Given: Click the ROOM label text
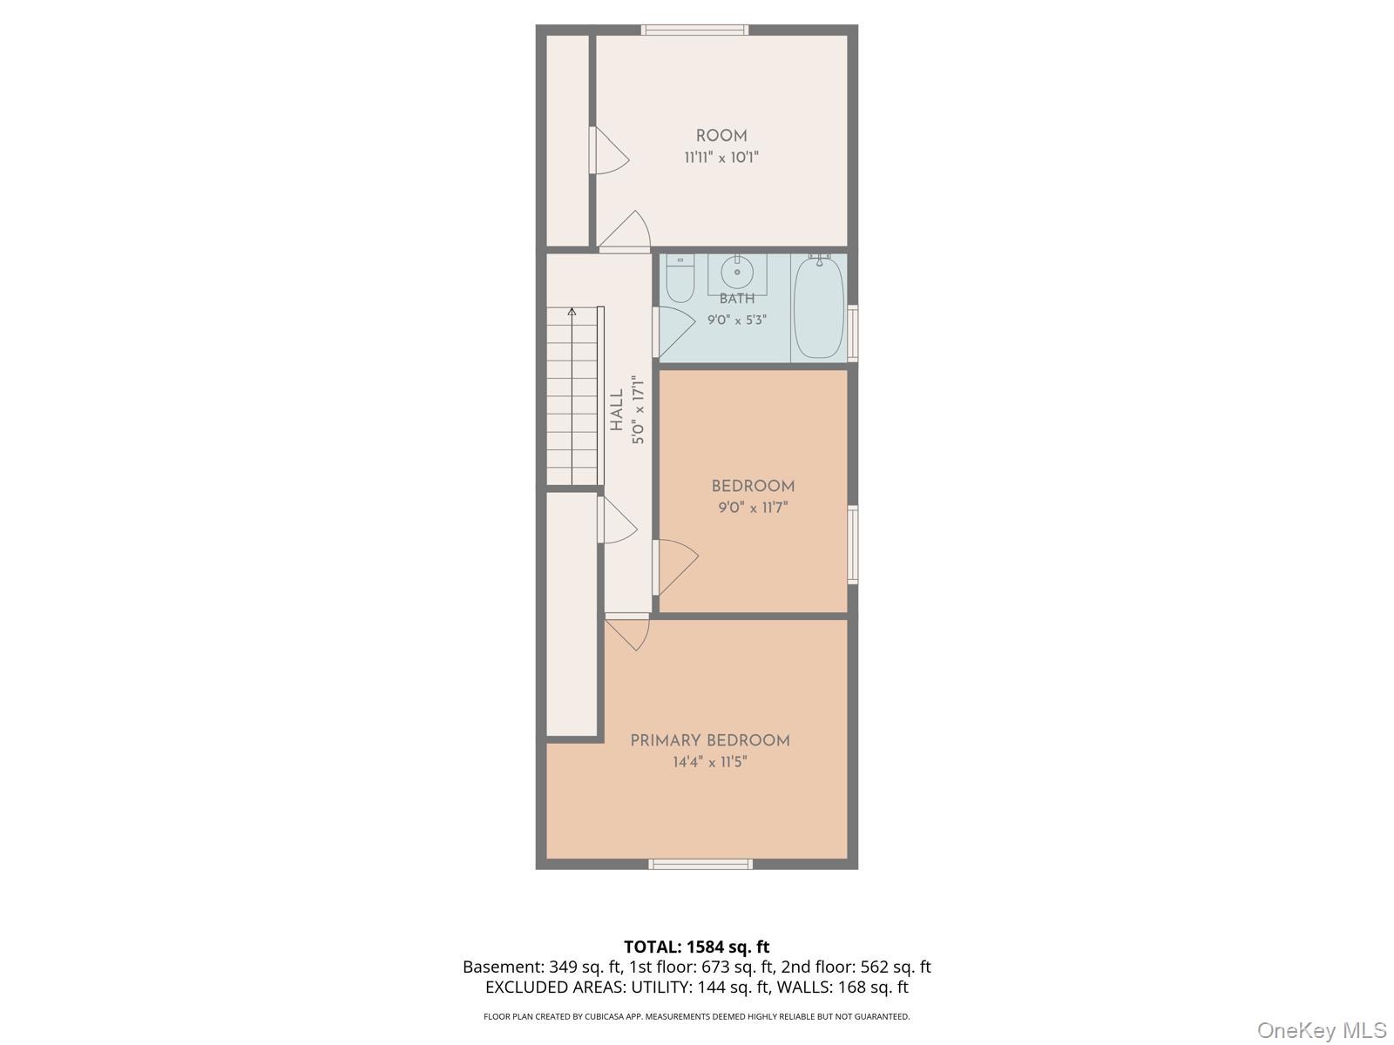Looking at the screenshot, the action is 721,136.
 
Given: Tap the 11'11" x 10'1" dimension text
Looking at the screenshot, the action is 721,158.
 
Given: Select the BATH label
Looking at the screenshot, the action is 737,298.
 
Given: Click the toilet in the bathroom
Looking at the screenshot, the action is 680,279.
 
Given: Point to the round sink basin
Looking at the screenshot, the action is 737,273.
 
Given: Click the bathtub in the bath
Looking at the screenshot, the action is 819,307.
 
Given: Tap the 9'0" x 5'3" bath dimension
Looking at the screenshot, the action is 737,320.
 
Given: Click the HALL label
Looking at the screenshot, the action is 617,410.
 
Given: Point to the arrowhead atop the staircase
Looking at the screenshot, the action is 572,312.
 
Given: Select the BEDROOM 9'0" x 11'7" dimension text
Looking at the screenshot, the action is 753,508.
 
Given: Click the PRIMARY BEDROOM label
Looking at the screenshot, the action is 710,740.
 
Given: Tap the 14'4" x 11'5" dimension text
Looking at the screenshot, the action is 710,762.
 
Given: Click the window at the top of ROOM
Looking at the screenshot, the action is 694,30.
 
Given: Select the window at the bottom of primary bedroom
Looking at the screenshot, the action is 700,864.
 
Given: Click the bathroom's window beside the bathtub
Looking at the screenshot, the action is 853,334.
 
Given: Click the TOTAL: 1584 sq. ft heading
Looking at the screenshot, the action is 697,947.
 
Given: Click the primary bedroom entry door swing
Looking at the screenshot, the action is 626,632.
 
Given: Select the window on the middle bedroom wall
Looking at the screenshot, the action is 853,544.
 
